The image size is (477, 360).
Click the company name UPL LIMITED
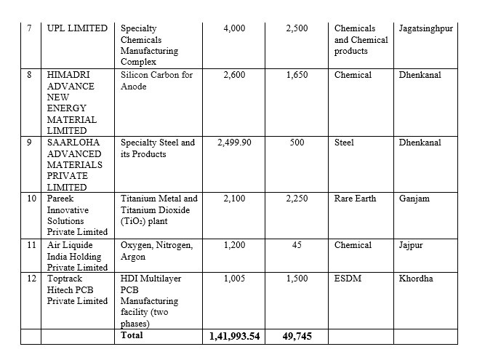(x=76, y=28)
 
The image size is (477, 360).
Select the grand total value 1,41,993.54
(x=234, y=336)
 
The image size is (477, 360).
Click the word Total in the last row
(x=132, y=335)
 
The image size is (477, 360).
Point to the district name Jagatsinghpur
(x=426, y=28)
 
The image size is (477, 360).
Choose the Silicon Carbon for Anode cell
(x=156, y=81)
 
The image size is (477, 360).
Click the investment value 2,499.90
(x=234, y=143)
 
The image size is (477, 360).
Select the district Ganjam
(x=414, y=199)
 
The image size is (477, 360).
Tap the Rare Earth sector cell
(x=355, y=199)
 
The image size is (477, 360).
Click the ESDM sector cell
(x=348, y=279)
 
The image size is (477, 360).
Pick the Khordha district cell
(x=417, y=279)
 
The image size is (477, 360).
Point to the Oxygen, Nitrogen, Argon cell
(x=156, y=251)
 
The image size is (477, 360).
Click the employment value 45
(x=297, y=245)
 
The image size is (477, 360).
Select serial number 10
(x=31, y=199)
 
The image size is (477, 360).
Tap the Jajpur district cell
(x=411, y=245)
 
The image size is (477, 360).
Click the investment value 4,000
(x=234, y=28)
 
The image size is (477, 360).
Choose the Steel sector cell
(x=344, y=143)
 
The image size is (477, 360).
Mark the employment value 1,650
(x=297, y=75)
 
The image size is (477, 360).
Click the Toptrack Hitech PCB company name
(x=76, y=289)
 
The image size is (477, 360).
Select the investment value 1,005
(x=234, y=279)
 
